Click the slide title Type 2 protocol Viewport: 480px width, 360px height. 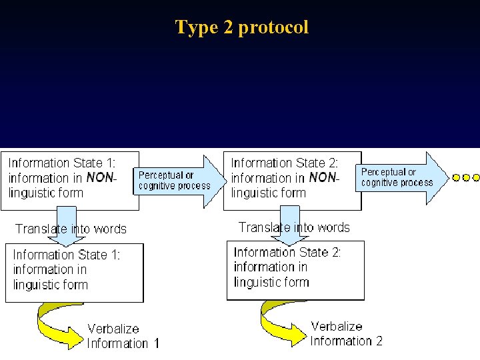pos(241,27)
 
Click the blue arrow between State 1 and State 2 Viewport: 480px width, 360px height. pos(178,181)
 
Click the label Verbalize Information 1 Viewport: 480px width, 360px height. pos(123,336)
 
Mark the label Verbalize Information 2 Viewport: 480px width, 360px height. pos(346,333)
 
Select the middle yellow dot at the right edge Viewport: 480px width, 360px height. pos(466,178)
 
